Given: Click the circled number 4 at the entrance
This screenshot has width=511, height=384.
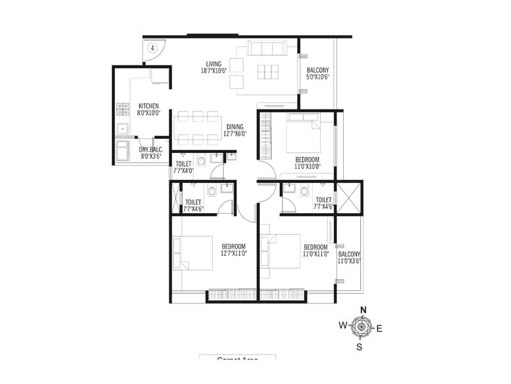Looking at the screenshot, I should coord(153,47).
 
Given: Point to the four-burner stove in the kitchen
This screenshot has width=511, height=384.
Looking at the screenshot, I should coord(123,109).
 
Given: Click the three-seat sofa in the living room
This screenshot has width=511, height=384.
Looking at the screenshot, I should coord(267,48).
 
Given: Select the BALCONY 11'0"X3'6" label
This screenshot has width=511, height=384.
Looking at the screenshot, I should coord(349,258).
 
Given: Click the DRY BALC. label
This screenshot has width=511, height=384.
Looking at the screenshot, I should coord(151,152).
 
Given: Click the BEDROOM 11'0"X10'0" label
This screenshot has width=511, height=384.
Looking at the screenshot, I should coord(307,163).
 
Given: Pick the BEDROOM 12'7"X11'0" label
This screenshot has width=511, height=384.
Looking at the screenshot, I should coord(234,250).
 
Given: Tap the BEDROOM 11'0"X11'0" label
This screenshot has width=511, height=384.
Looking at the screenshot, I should coord(316,250).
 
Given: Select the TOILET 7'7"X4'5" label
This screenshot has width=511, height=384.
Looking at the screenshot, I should coord(194,205).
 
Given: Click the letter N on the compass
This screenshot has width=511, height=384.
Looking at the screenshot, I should coord(363,310).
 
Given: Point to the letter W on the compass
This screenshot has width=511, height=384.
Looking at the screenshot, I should coord(343,326).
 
